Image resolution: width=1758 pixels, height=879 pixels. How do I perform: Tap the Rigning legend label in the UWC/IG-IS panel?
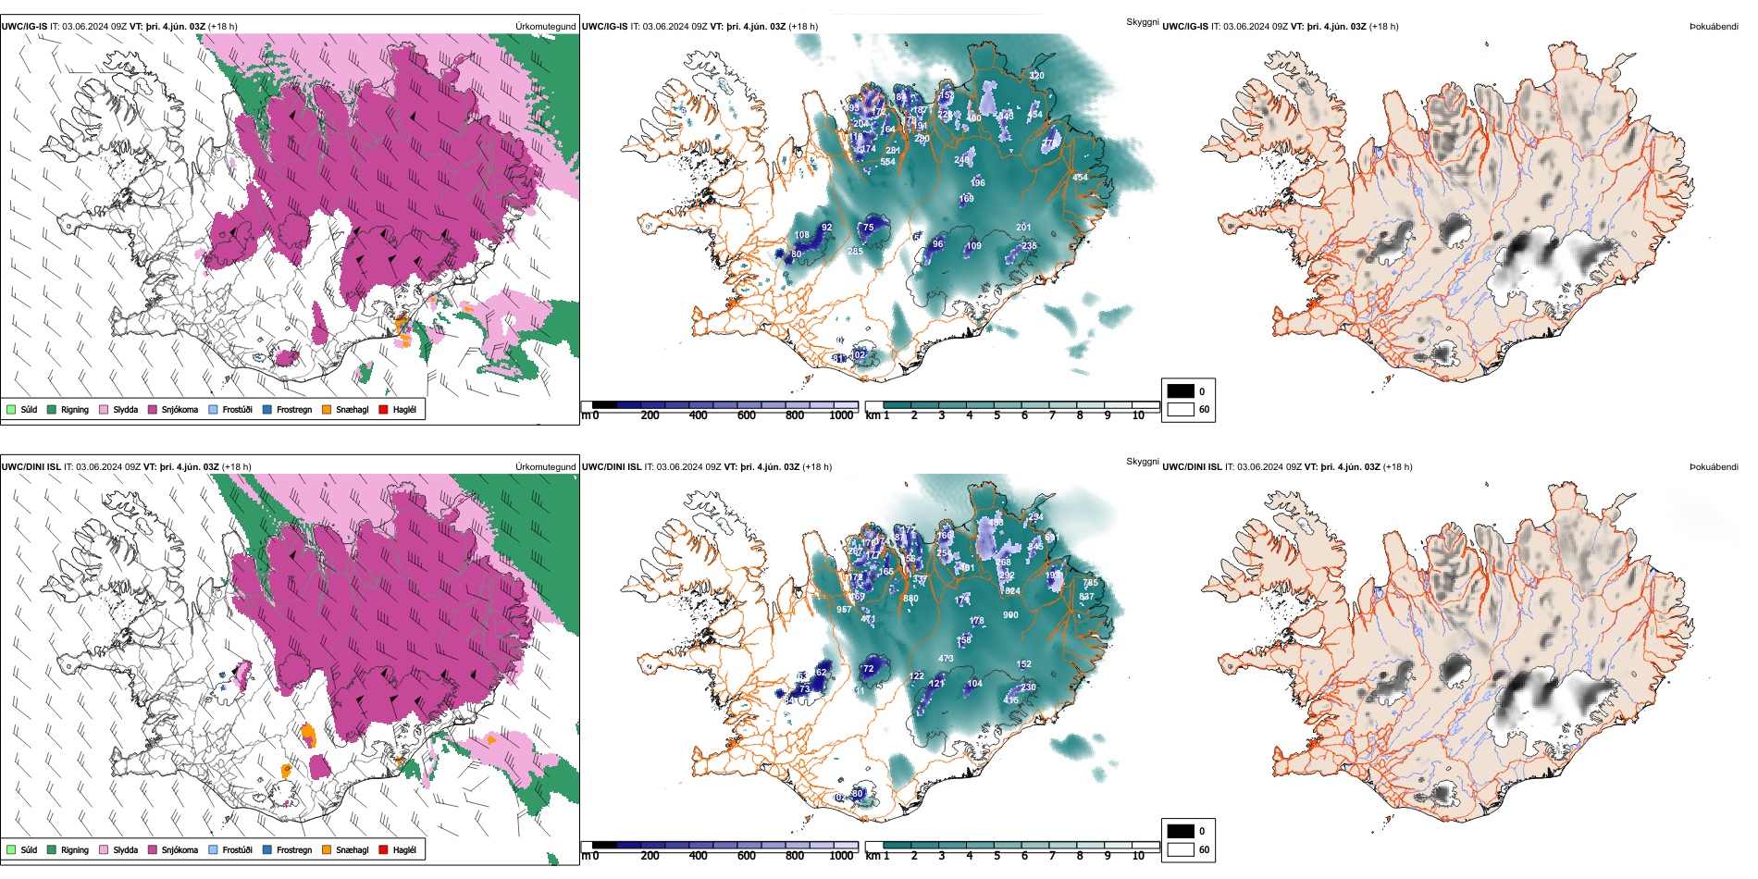coord(75,409)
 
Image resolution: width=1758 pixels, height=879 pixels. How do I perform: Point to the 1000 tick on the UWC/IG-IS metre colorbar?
coord(841,415)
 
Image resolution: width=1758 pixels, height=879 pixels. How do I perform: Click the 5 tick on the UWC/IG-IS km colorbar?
coord(997,415)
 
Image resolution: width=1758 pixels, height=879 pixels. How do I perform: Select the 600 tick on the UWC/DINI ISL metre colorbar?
coord(747,856)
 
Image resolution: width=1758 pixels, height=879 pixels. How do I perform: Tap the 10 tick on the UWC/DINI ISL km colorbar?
coord(1138,856)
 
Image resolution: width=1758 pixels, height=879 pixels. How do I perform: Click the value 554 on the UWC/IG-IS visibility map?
coord(887,162)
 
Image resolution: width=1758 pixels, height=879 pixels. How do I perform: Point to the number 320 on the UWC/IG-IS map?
coord(1036,76)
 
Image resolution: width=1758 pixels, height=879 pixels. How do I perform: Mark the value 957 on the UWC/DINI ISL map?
coord(844,610)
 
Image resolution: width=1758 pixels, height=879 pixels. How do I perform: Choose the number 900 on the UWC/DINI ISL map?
coord(1010,614)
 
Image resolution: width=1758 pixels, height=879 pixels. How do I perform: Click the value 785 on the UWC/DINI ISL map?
coord(1091,583)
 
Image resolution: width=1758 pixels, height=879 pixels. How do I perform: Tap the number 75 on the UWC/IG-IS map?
coord(868,228)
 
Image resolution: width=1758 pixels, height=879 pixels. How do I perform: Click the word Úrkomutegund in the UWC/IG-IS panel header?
coord(545,27)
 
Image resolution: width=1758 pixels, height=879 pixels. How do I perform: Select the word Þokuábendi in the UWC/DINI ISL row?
coord(1714,467)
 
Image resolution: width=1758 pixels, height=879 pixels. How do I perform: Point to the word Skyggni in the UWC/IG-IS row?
coord(1142,21)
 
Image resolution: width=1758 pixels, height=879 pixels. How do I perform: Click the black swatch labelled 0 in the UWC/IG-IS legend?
coord(1181,391)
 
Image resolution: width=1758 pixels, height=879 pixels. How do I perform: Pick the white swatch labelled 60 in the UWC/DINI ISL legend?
coord(1181,849)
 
